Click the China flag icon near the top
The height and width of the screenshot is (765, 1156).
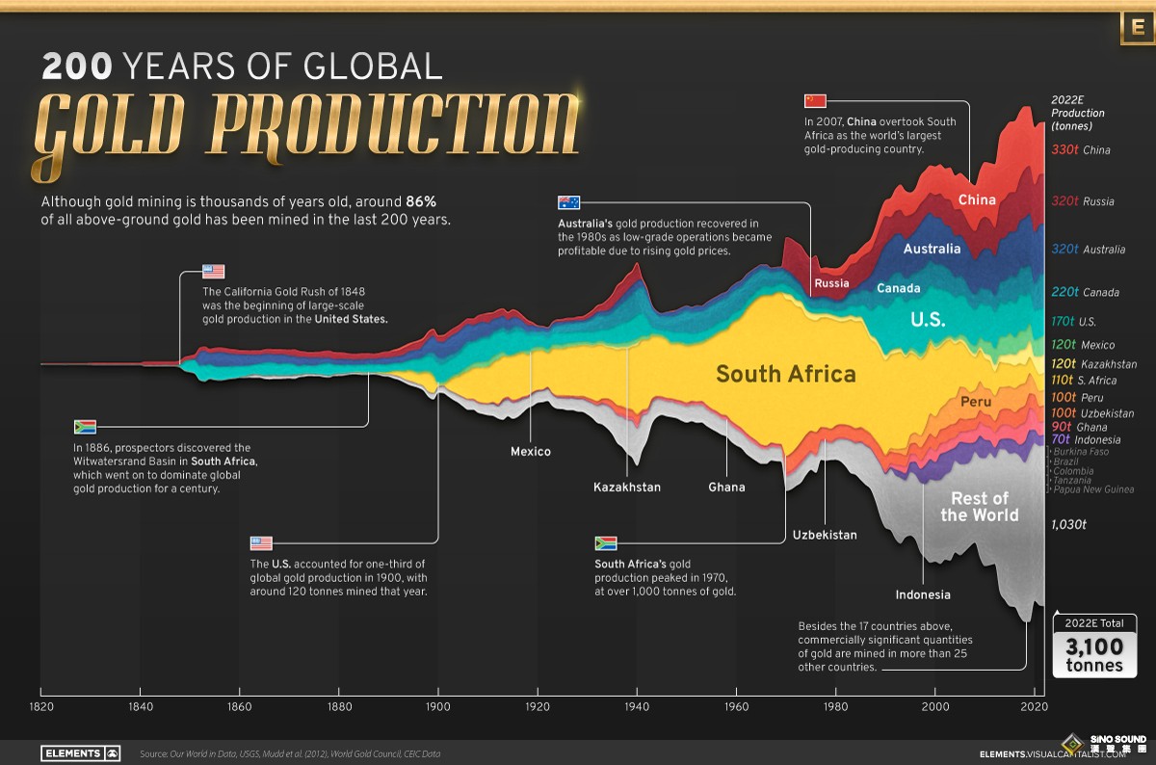[816, 100]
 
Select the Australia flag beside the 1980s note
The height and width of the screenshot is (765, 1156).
[569, 202]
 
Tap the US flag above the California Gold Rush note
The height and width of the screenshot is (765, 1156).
[213, 272]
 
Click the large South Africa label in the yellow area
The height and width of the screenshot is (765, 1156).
[785, 374]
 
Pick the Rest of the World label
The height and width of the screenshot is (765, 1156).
[979, 506]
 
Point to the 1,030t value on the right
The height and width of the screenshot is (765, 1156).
[1068, 524]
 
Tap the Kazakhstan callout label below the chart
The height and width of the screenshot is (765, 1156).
[627, 487]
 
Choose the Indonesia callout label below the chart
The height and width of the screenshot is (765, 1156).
[923, 594]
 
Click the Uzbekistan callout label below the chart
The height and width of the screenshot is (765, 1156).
[825, 535]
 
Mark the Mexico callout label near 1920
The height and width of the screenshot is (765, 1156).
[531, 451]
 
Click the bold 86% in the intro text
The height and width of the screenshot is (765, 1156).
[421, 202]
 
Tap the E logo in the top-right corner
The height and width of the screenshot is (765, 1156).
[1137, 29]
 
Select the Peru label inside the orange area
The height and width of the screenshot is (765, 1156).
[976, 401]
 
